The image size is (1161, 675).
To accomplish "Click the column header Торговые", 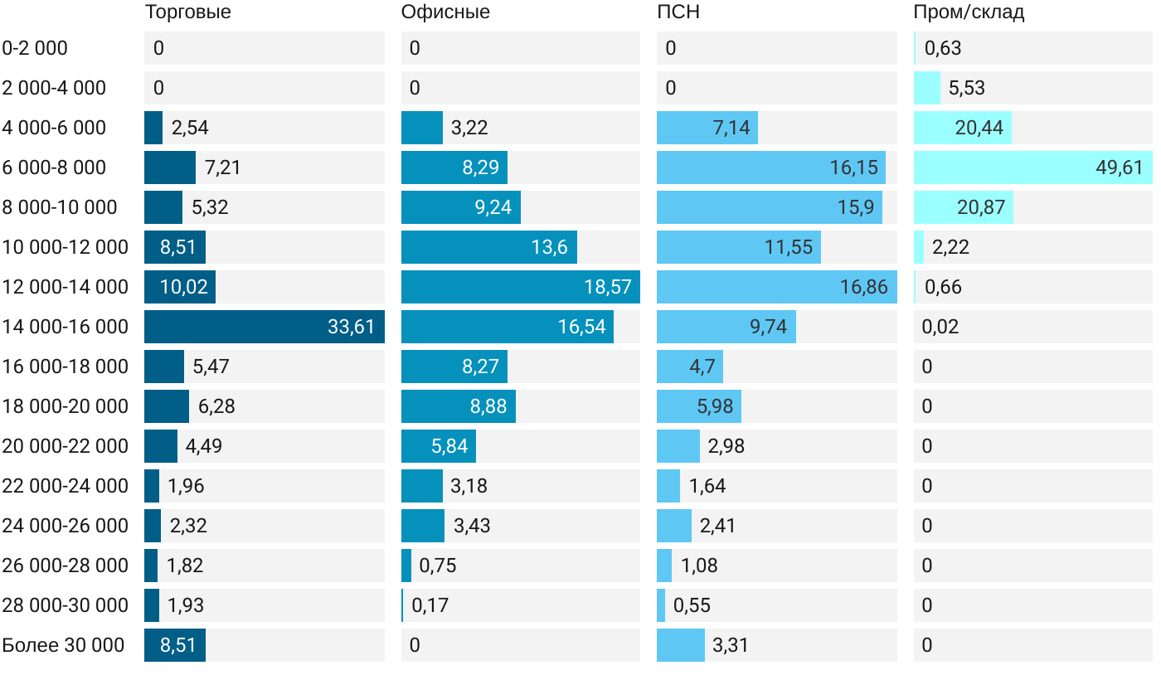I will click(x=187, y=12).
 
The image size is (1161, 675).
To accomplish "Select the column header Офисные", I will click(x=445, y=12).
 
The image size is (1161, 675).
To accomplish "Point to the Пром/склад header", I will click(x=969, y=12).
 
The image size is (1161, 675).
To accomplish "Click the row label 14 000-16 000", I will click(x=66, y=327).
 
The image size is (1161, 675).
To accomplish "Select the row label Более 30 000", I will click(x=63, y=645).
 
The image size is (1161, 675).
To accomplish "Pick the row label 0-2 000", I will click(x=35, y=48).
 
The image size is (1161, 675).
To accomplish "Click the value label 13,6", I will click(x=549, y=247).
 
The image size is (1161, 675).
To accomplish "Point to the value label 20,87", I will click(x=981, y=207).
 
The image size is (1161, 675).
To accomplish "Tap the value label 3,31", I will click(x=731, y=645).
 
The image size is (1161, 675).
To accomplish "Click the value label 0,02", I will click(x=940, y=327).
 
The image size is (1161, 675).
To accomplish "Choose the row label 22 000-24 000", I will click(x=66, y=486).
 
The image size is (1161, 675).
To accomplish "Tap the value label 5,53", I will click(x=967, y=88).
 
